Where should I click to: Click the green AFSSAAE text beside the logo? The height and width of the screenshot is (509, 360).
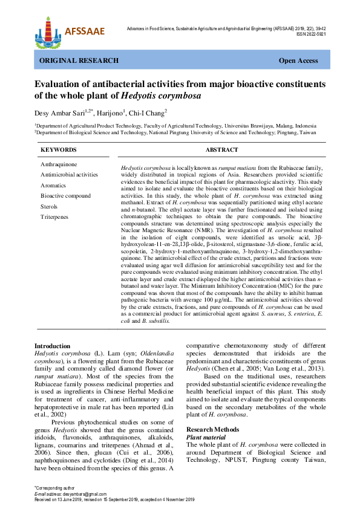click(84, 31)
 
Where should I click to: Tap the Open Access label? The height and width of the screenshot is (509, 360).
click(298, 61)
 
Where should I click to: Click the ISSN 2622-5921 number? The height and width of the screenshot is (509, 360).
click(311, 34)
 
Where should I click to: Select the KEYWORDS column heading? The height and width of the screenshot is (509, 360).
click(58, 150)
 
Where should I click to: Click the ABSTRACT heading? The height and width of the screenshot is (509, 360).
click(221, 150)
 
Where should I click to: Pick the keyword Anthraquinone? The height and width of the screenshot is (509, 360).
click(58, 164)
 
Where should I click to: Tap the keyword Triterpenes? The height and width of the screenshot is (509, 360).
click(54, 216)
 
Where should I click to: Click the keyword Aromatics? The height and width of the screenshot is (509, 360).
click(54, 185)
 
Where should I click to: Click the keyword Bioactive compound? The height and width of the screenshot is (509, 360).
click(65, 196)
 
